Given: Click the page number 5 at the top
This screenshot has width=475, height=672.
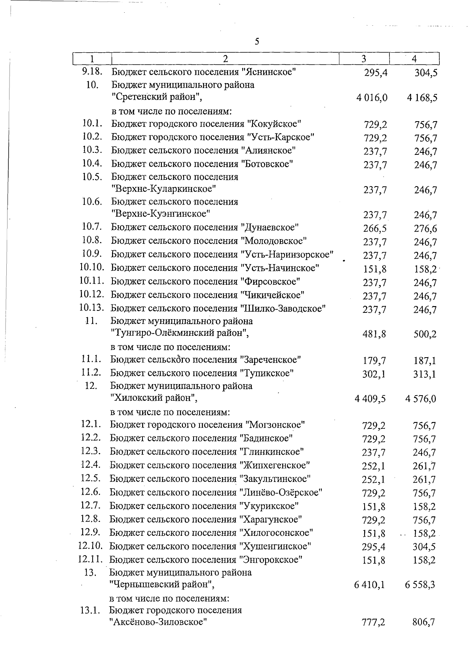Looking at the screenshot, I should coord(257,42).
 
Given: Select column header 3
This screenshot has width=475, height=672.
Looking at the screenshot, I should coord(364,59).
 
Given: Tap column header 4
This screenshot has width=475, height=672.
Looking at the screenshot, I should coord(414,59).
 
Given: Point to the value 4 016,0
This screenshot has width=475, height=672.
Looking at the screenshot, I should coord(371,98).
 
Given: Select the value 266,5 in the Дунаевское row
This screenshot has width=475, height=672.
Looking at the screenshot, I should coord(374,228).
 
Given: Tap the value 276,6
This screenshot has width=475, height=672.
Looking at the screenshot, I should coord(425,228).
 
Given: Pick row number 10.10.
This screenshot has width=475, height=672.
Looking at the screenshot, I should coord(91,267).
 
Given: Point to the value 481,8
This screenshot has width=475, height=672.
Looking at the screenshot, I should coord(374,334).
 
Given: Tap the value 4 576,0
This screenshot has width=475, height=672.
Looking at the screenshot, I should coord(420,399).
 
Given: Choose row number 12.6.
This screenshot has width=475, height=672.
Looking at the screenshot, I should coord(91,492).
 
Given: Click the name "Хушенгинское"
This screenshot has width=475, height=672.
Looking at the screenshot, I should coord(275,546).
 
